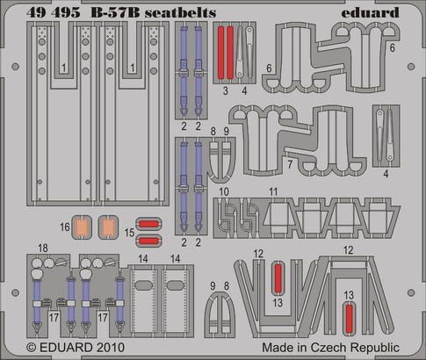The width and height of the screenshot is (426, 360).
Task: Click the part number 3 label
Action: [225, 90]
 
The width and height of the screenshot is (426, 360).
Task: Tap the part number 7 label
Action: [289, 163]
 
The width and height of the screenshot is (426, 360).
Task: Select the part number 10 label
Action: [225, 191]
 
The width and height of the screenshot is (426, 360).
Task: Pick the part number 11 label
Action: [273, 191]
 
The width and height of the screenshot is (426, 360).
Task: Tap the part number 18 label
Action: [42, 249]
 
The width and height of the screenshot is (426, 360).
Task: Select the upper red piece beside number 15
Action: [150, 223]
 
